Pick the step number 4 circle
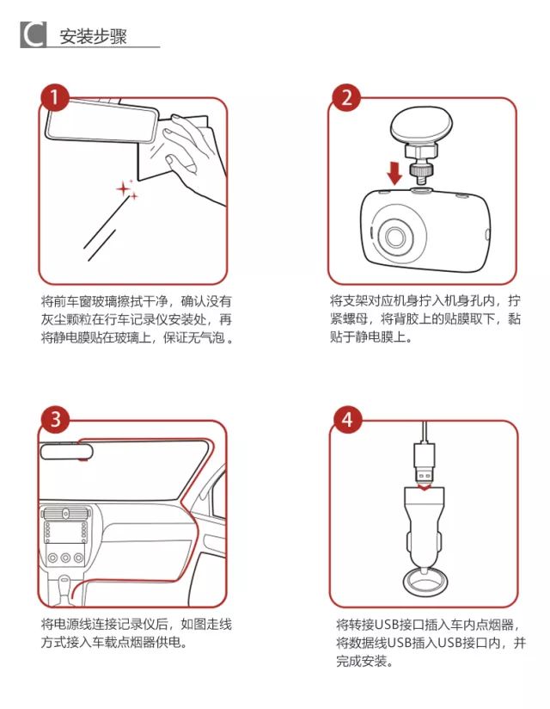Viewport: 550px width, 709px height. pos(346,421)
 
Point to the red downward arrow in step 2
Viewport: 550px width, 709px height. pos(394,171)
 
